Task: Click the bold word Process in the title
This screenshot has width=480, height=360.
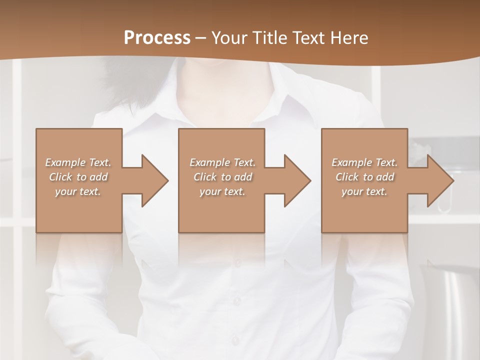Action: (157, 37)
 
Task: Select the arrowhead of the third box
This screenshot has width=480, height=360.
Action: (439, 180)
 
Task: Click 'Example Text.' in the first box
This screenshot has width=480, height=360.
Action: (78, 162)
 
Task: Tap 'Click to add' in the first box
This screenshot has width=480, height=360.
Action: (78, 177)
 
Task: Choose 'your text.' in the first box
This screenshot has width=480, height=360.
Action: (78, 191)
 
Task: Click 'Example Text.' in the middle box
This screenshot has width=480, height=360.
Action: (222, 162)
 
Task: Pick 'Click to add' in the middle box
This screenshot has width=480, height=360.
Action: (222, 177)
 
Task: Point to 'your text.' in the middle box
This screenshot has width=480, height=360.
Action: (222, 191)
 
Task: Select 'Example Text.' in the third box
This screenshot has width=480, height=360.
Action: (364, 162)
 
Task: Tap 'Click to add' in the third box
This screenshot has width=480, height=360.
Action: (364, 177)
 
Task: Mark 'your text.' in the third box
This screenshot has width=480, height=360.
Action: (364, 191)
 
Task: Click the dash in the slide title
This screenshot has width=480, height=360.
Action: (201, 38)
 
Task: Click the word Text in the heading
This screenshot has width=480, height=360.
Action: (307, 37)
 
